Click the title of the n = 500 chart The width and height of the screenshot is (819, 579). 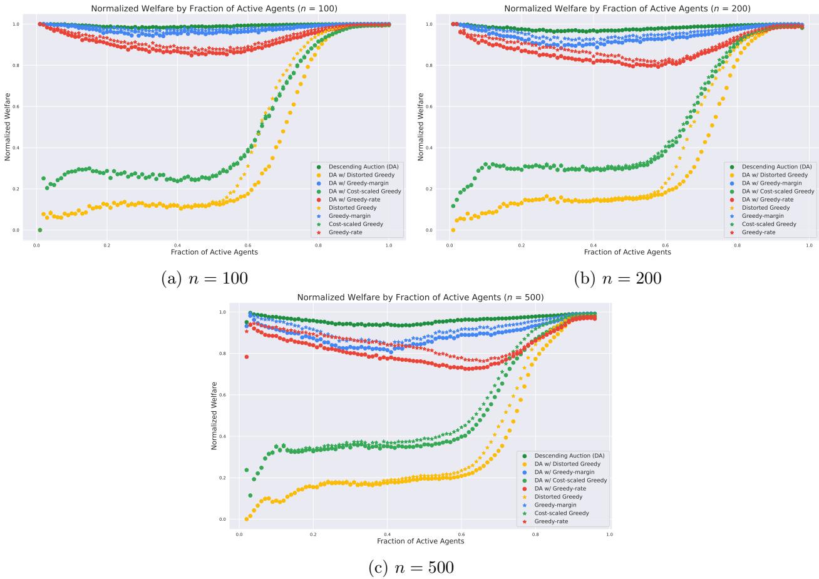pyautogui.click(x=420, y=297)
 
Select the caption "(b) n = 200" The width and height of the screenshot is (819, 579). pyautogui.click(x=617, y=279)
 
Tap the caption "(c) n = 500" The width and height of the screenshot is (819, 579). pyautogui.click(x=410, y=568)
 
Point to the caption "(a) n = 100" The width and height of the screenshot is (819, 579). pyautogui.click(x=204, y=279)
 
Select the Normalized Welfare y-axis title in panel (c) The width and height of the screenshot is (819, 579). pyautogui.click(x=214, y=415)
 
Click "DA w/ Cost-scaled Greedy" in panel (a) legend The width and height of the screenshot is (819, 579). pyautogui.click(x=365, y=191)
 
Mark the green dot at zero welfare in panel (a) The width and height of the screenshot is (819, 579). pyautogui.click(x=40, y=230)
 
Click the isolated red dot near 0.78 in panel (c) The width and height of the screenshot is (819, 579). pyautogui.click(x=247, y=357)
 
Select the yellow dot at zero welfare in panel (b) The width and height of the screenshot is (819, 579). pyautogui.click(x=453, y=230)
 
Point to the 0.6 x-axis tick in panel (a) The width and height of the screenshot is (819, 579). pyautogui.click(x=247, y=245)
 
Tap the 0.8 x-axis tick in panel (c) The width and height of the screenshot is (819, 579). pyautogui.click(x=535, y=535)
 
